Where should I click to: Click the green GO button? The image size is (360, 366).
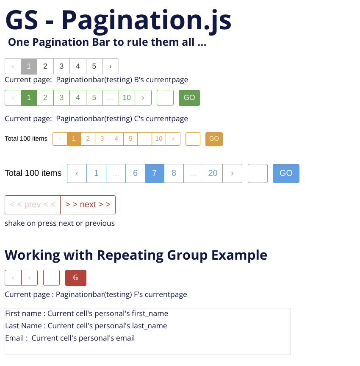(x=189, y=98)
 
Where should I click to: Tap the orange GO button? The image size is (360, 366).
(x=214, y=139)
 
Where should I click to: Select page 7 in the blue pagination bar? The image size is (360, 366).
(x=155, y=173)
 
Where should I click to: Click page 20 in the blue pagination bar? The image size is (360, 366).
(x=213, y=173)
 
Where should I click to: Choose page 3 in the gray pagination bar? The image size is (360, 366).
(x=61, y=66)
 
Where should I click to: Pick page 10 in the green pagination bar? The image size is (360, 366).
(x=127, y=97)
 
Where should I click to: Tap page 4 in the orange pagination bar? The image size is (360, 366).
(x=116, y=139)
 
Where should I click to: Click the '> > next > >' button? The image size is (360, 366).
(x=88, y=205)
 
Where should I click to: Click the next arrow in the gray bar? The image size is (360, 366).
(x=111, y=66)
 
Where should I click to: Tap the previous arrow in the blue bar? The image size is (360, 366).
(x=77, y=173)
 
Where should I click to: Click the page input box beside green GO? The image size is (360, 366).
(x=165, y=98)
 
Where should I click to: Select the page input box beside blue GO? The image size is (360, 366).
(x=258, y=173)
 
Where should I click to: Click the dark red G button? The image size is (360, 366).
(x=75, y=278)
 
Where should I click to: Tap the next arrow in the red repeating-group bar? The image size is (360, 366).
(x=29, y=278)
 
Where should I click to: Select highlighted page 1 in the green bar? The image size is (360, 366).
(x=29, y=98)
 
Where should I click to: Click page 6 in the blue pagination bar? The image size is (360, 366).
(x=135, y=173)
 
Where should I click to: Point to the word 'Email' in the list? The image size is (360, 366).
(x=14, y=338)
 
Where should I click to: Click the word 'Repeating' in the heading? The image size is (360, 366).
(x=130, y=255)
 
